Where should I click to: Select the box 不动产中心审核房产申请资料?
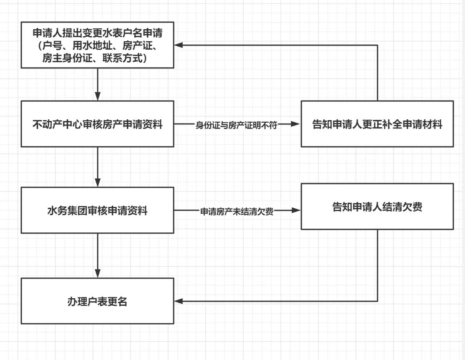tap(97, 124)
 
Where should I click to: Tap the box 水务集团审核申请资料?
tap(97, 211)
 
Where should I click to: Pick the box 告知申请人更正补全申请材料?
tap(377, 124)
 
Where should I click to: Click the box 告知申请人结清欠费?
tap(377, 207)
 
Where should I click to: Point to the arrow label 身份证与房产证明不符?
tap(236, 124)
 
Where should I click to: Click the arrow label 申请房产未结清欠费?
tap(236, 211)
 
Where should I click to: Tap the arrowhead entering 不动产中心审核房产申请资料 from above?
tap(97, 97)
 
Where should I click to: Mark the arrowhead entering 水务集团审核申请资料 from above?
tap(97, 184)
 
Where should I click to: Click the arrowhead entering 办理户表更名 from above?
tap(97, 274)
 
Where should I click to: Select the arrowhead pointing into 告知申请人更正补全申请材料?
tap(296, 124)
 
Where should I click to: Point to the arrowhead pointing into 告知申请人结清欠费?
tap(296, 211)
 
